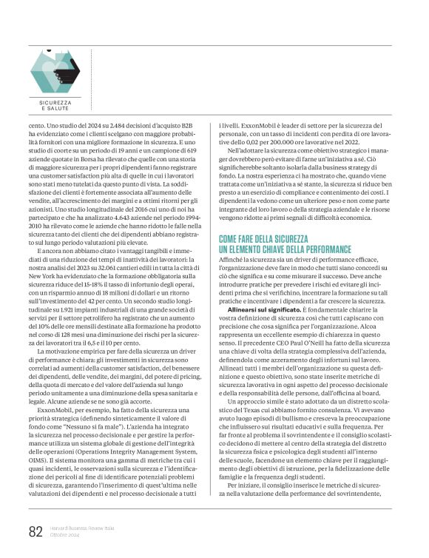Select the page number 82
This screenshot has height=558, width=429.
(x=36, y=531)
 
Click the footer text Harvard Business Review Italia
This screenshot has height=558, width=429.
(x=81, y=527)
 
